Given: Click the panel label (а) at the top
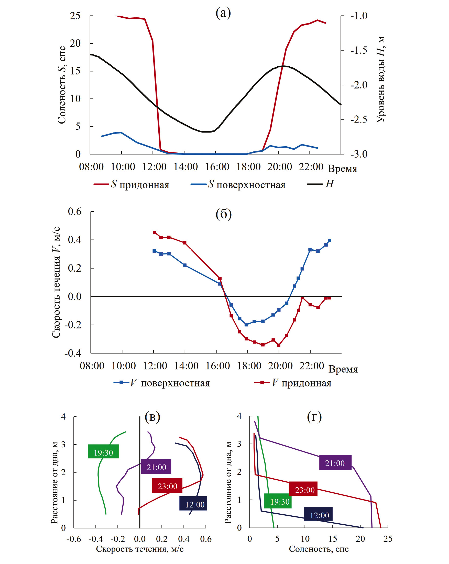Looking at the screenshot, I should [223, 13].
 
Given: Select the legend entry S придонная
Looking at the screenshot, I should [132, 184].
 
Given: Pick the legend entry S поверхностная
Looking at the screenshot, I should [238, 184].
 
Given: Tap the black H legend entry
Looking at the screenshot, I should [321, 184].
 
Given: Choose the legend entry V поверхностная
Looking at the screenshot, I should [162, 383].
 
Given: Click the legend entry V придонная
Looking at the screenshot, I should [293, 383].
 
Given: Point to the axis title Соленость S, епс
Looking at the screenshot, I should [62, 85].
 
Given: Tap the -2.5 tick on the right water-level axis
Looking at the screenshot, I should [359, 119].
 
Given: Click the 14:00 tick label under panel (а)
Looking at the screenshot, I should [185, 167].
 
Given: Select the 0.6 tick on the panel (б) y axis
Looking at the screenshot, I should [74, 211].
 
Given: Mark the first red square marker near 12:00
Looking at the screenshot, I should [154, 232].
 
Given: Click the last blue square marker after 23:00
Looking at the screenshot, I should [330, 240].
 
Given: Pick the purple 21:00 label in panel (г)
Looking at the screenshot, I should [335, 463].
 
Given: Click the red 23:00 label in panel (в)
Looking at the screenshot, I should [167, 486].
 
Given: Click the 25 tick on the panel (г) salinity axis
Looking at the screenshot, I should [388, 539].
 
